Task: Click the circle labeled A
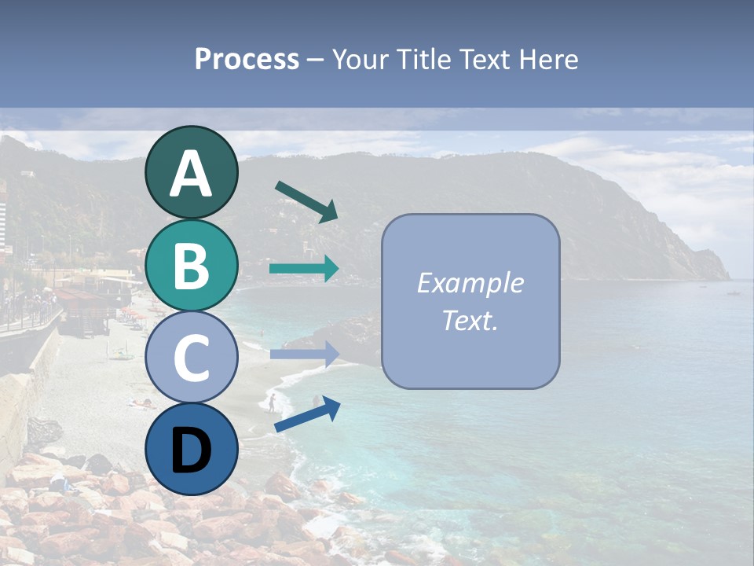coord(191,173)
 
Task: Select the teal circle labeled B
coord(191,266)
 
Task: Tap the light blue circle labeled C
coord(191,358)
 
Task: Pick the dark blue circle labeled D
coord(191,450)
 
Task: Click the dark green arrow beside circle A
coord(306,201)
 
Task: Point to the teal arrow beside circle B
coord(304,268)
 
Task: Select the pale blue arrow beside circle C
coord(304,355)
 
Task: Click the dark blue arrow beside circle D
coord(307,415)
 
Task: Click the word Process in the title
coord(247,60)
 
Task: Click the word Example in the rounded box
coord(470,283)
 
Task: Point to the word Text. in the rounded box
coord(470,320)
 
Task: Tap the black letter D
coord(191,451)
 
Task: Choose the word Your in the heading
coord(360,60)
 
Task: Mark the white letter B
coord(191,266)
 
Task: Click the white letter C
coord(191,358)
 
